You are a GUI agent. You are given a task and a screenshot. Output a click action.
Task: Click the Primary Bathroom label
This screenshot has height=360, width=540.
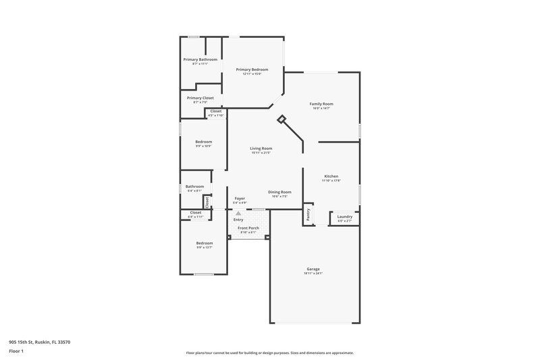pyautogui.click(x=200, y=59)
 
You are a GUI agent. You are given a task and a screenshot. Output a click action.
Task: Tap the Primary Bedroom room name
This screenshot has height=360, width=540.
pyautogui.click(x=252, y=70)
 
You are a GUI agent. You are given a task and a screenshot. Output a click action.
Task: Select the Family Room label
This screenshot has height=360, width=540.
pyautogui.click(x=321, y=104)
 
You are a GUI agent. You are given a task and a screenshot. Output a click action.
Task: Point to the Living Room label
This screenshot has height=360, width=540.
pyautogui.click(x=261, y=149)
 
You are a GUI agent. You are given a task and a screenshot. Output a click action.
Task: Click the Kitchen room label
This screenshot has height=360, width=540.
pyautogui.click(x=331, y=176)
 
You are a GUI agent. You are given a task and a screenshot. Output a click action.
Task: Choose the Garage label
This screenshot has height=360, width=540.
pyautogui.click(x=313, y=269)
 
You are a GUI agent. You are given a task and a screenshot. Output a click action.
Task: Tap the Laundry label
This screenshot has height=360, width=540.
pyautogui.click(x=344, y=217)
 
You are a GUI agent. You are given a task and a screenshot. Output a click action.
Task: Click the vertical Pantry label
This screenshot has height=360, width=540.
pyautogui.click(x=308, y=214)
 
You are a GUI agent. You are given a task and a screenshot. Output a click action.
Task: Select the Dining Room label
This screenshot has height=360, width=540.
pyautogui.click(x=279, y=192)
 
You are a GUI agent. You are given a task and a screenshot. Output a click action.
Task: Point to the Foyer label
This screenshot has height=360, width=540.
pyautogui.click(x=240, y=199)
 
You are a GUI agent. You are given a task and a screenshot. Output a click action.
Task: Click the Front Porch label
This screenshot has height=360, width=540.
pyautogui.click(x=248, y=229)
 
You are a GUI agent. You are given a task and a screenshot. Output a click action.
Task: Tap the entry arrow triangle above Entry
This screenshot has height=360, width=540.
pyautogui.click(x=238, y=213)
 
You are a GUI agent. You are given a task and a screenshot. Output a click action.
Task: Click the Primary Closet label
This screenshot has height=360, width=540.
pyautogui.click(x=200, y=98)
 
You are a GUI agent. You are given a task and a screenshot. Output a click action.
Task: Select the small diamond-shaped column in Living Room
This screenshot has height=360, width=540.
pyautogui.click(x=281, y=119)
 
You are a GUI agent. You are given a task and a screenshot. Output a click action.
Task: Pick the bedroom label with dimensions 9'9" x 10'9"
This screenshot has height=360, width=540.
pyautogui.click(x=203, y=142)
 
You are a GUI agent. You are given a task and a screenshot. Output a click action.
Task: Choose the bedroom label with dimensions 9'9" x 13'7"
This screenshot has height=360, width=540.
pyautogui.click(x=205, y=243)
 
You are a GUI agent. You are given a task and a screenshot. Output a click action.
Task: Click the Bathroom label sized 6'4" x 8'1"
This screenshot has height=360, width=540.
pyautogui.click(x=195, y=186)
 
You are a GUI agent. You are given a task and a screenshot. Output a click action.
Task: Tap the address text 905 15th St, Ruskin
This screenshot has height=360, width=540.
pyautogui.click(x=40, y=342)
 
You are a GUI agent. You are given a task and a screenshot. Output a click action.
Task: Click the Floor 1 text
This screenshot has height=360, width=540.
pyautogui.click(x=16, y=352)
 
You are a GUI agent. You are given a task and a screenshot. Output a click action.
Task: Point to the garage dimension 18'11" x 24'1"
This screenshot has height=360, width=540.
pyautogui.click(x=313, y=274)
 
